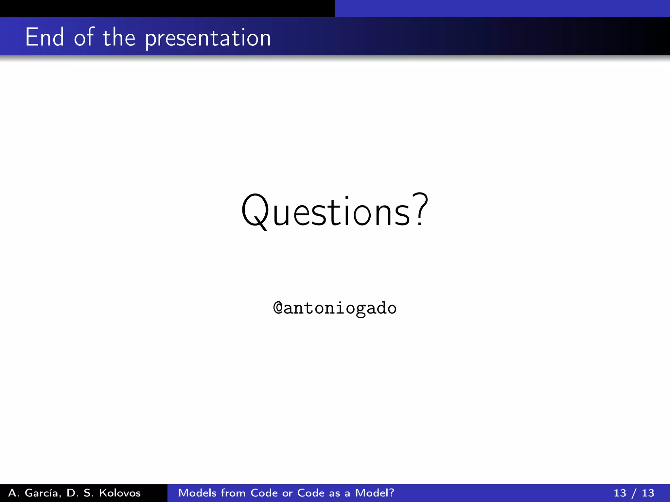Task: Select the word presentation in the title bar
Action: [x=208, y=39]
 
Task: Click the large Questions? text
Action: [x=334, y=211]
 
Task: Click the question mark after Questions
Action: [x=420, y=209]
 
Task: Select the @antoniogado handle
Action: [x=335, y=308]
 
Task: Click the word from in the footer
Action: [x=233, y=493]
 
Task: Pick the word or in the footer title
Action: [x=287, y=493]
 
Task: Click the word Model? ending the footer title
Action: [x=375, y=493]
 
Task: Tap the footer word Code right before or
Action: [x=264, y=493]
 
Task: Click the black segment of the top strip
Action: [x=167, y=8]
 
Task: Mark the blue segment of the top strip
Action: [x=502, y=8]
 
